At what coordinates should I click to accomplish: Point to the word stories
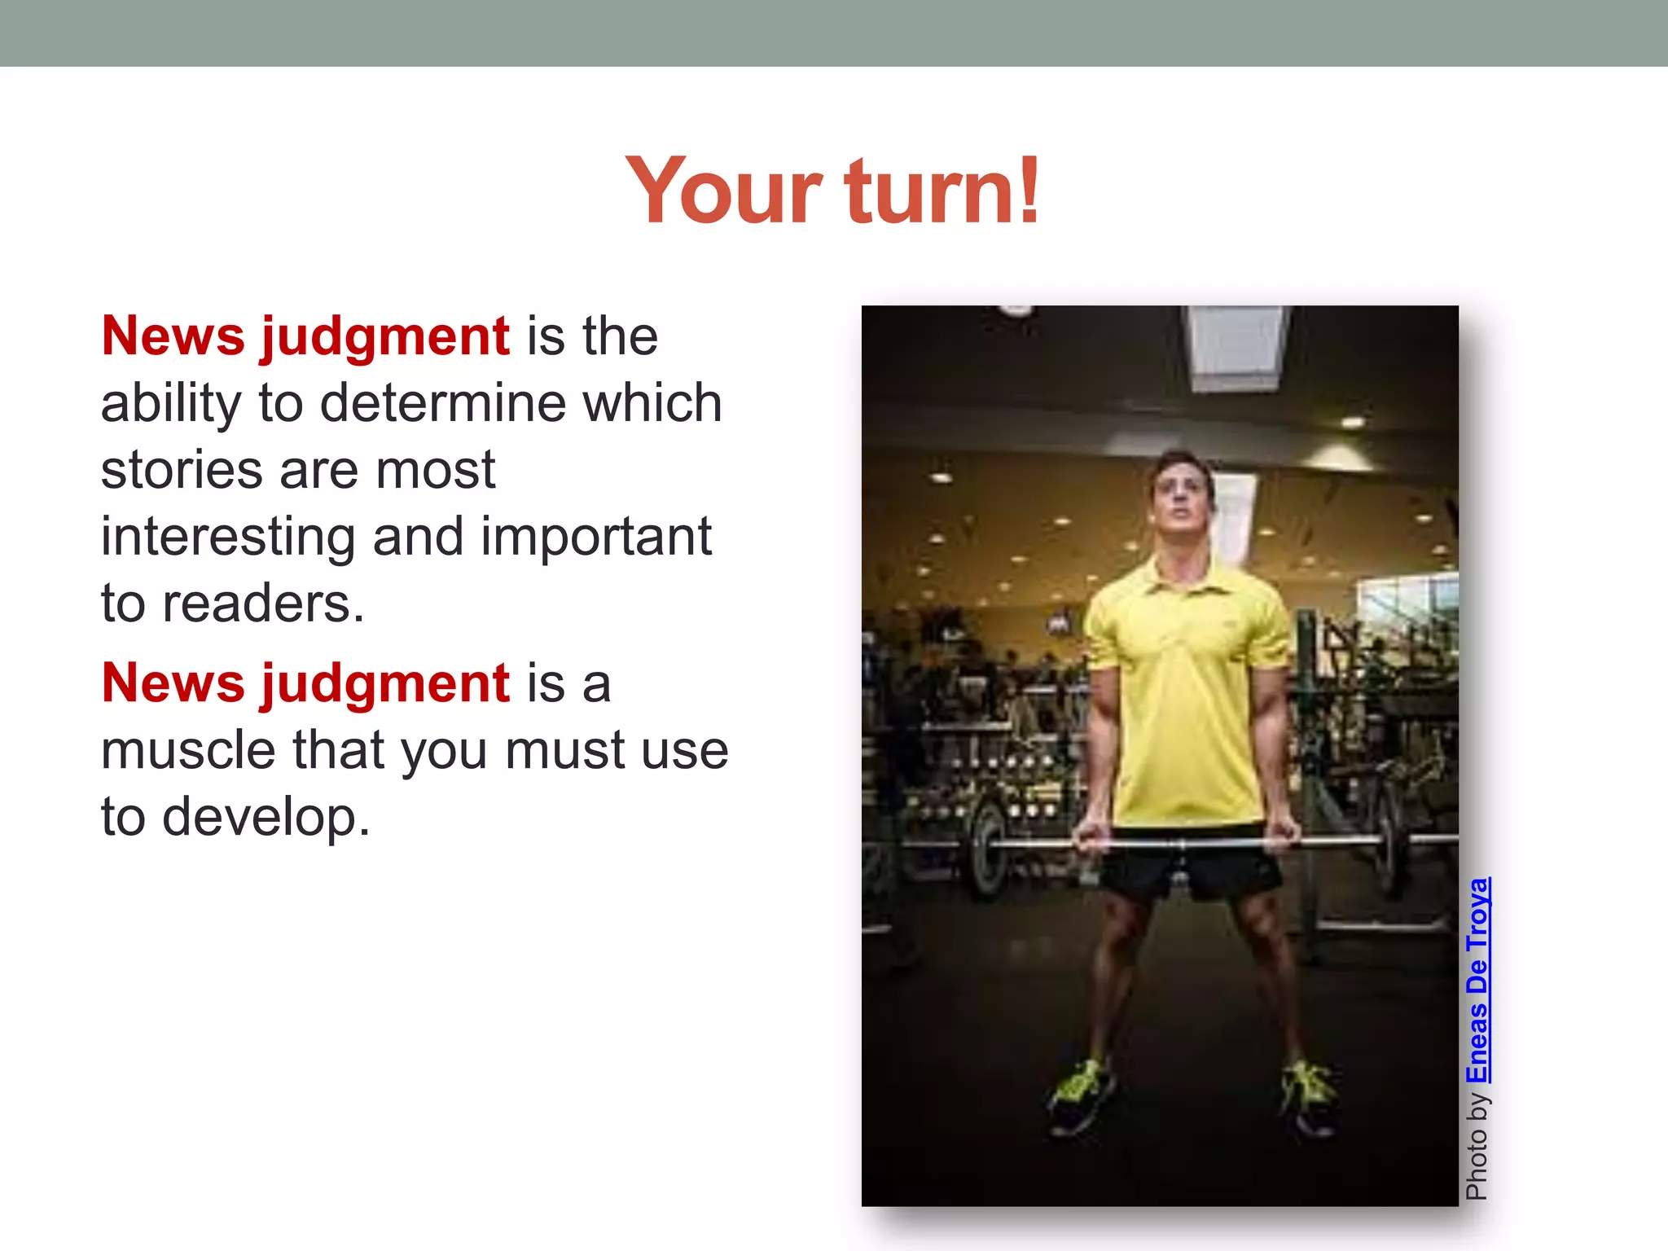coord(181,470)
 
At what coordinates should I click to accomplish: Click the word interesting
coord(227,538)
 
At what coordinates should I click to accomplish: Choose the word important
coord(595,538)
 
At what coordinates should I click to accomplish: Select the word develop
coord(266,818)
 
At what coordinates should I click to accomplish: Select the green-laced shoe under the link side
coord(1308,1095)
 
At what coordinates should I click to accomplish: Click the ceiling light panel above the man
coord(1236,346)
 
